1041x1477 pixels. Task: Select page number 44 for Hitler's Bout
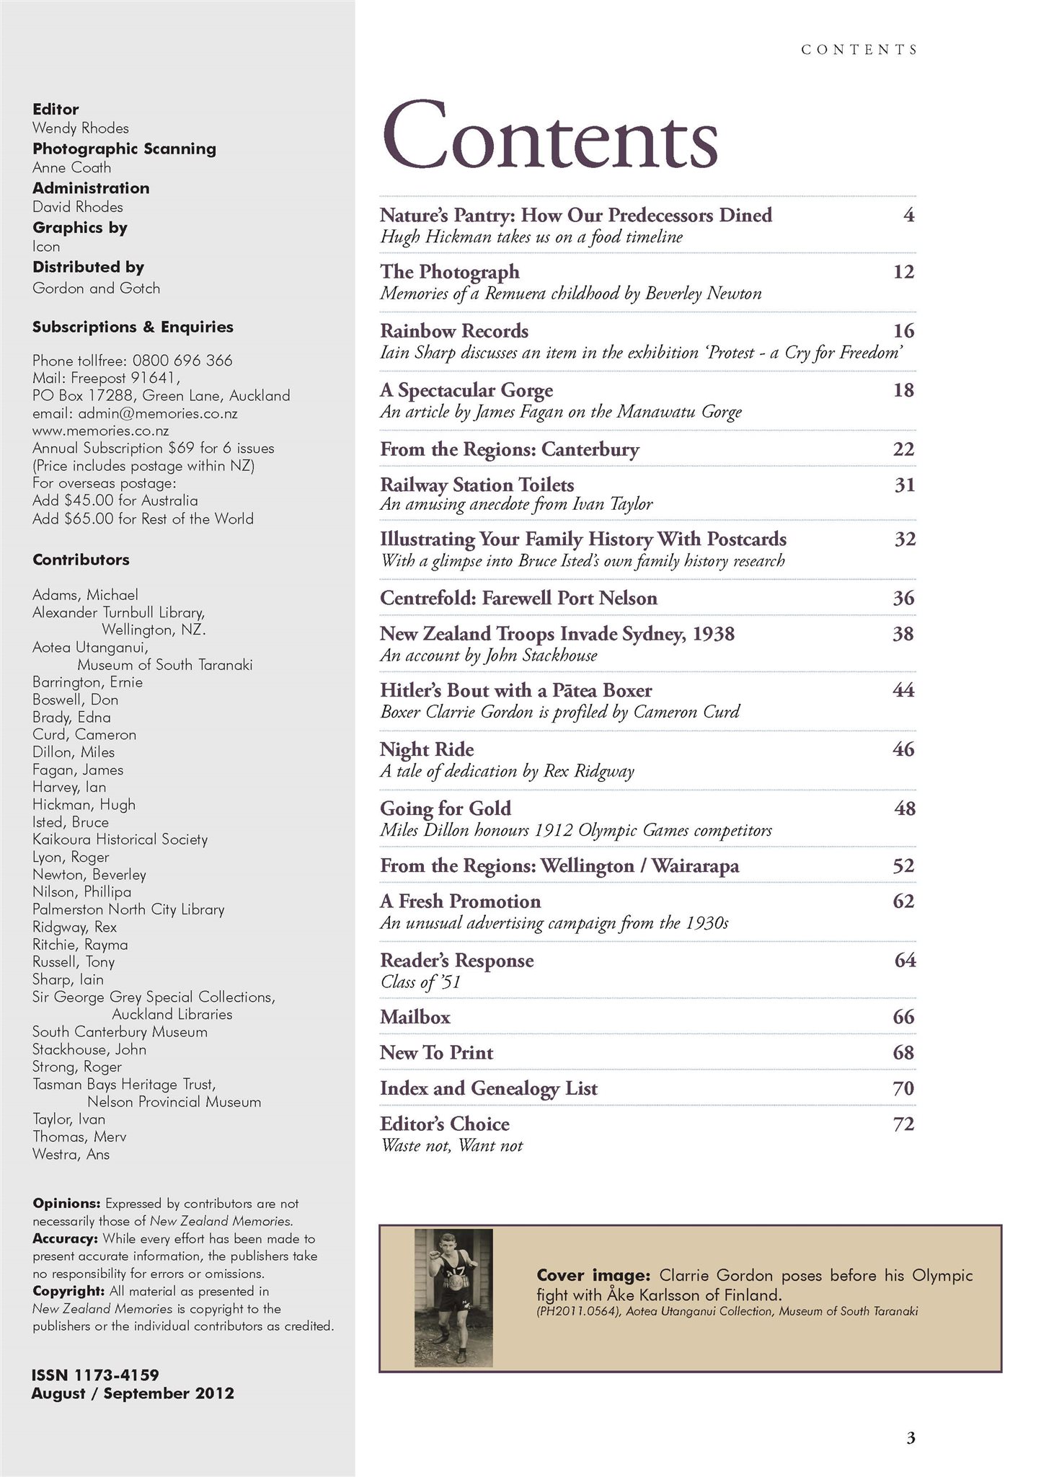pyautogui.click(x=903, y=690)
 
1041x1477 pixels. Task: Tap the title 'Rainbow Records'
pyautogui.click(x=454, y=331)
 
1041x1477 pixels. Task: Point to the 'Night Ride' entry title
pyautogui.click(x=427, y=749)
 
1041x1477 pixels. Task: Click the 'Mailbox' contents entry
pyautogui.click(x=415, y=1017)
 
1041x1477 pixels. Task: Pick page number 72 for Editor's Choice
pyautogui.click(x=903, y=1124)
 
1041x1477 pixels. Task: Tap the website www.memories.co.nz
pyautogui.click(x=101, y=431)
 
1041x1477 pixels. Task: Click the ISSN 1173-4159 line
pyautogui.click(x=95, y=1375)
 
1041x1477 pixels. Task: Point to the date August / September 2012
pyautogui.click(x=133, y=1393)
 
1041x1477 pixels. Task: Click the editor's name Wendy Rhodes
pyautogui.click(x=81, y=128)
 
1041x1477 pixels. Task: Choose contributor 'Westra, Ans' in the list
pyautogui.click(x=71, y=1154)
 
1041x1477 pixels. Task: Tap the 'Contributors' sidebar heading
pyautogui.click(x=81, y=560)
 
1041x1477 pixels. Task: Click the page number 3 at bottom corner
pyautogui.click(x=911, y=1437)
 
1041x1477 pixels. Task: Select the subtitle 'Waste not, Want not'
pyautogui.click(x=451, y=1145)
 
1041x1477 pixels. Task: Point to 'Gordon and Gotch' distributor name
pyautogui.click(x=97, y=288)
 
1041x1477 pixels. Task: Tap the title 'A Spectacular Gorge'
pyautogui.click(x=466, y=390)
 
